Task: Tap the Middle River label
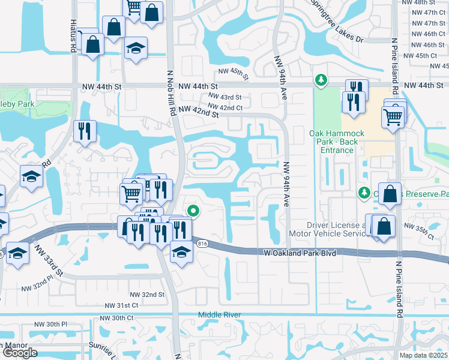[x=220, y=315]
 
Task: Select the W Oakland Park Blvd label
[x=299, y=253]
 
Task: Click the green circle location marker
[x=193, y=210]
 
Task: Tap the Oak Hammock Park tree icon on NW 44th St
[x=322, y=79]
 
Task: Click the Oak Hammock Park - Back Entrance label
[x=331, y=141]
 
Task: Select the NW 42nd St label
[x=197, y=112]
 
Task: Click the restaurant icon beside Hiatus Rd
[x=84, y=130]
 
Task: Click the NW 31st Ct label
[x=122, y=305]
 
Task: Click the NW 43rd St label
[x=224, y=97]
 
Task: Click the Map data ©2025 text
[x=424, y=355]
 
